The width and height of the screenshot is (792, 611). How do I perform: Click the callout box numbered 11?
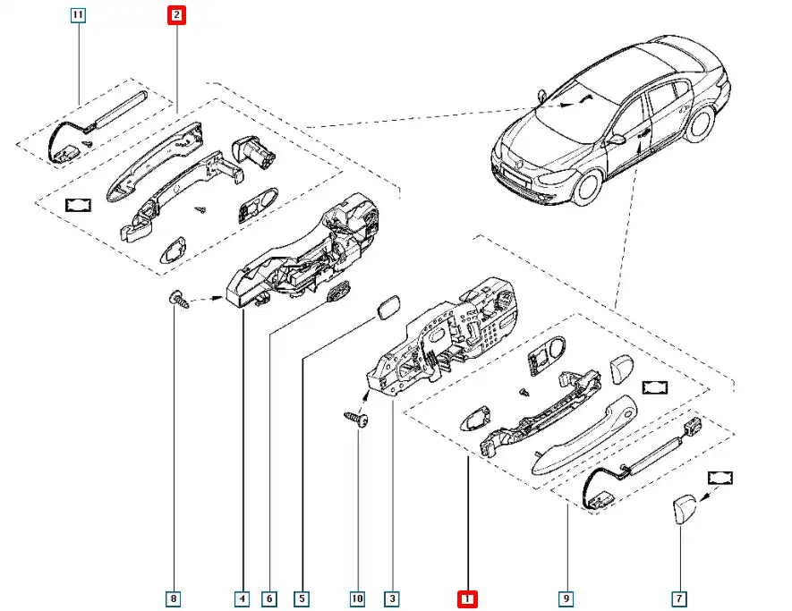point(79,15)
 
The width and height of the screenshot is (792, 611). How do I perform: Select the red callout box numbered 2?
point(176,15)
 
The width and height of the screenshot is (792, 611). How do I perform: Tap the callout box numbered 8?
point(175,598)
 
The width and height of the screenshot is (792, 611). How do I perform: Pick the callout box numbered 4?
point(243,598)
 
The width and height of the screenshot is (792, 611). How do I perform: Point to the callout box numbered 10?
point(358,598)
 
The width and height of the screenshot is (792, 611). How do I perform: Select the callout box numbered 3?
point(391,598)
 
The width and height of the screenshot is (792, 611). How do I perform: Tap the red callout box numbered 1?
point(467,598)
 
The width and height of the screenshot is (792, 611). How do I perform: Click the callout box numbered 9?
point(566,598)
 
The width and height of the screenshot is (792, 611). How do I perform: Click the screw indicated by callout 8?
point(179,300)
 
